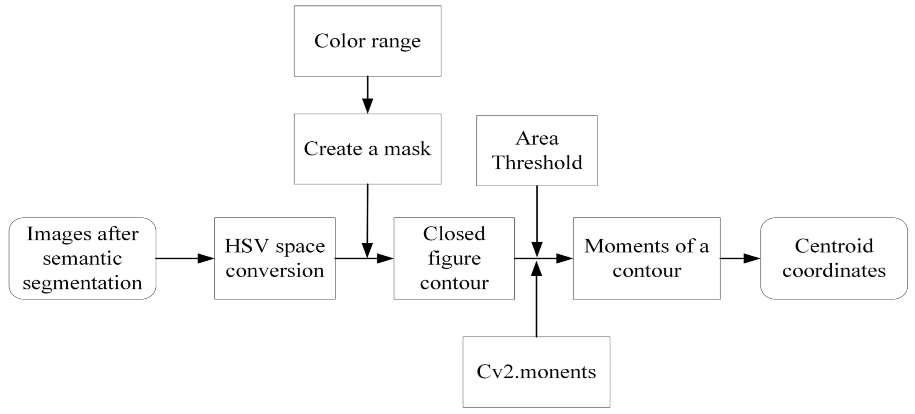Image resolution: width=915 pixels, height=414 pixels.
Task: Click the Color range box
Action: point(367,41)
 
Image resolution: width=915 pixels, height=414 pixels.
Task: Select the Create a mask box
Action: point(367,149)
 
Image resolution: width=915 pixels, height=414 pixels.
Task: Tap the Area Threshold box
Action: point(536,151)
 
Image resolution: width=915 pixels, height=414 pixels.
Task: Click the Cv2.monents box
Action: point(536,371)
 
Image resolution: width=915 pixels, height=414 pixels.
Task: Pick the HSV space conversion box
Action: point(275,258)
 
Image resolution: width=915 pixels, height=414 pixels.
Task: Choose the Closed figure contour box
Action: point(454,258)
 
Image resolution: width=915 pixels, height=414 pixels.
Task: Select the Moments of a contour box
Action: point(647,258)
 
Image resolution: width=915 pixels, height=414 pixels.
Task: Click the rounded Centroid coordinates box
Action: point(834,258)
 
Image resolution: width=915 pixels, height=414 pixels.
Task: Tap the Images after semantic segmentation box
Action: point(82,258)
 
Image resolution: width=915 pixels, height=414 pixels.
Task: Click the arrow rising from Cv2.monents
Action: point(536,300)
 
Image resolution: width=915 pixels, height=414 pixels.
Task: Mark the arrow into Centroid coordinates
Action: point(740,258)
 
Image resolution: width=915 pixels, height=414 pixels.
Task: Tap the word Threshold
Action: point(537,163)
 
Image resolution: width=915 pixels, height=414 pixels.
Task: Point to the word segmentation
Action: point(82,283)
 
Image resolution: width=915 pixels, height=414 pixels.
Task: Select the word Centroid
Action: point(834,246)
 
